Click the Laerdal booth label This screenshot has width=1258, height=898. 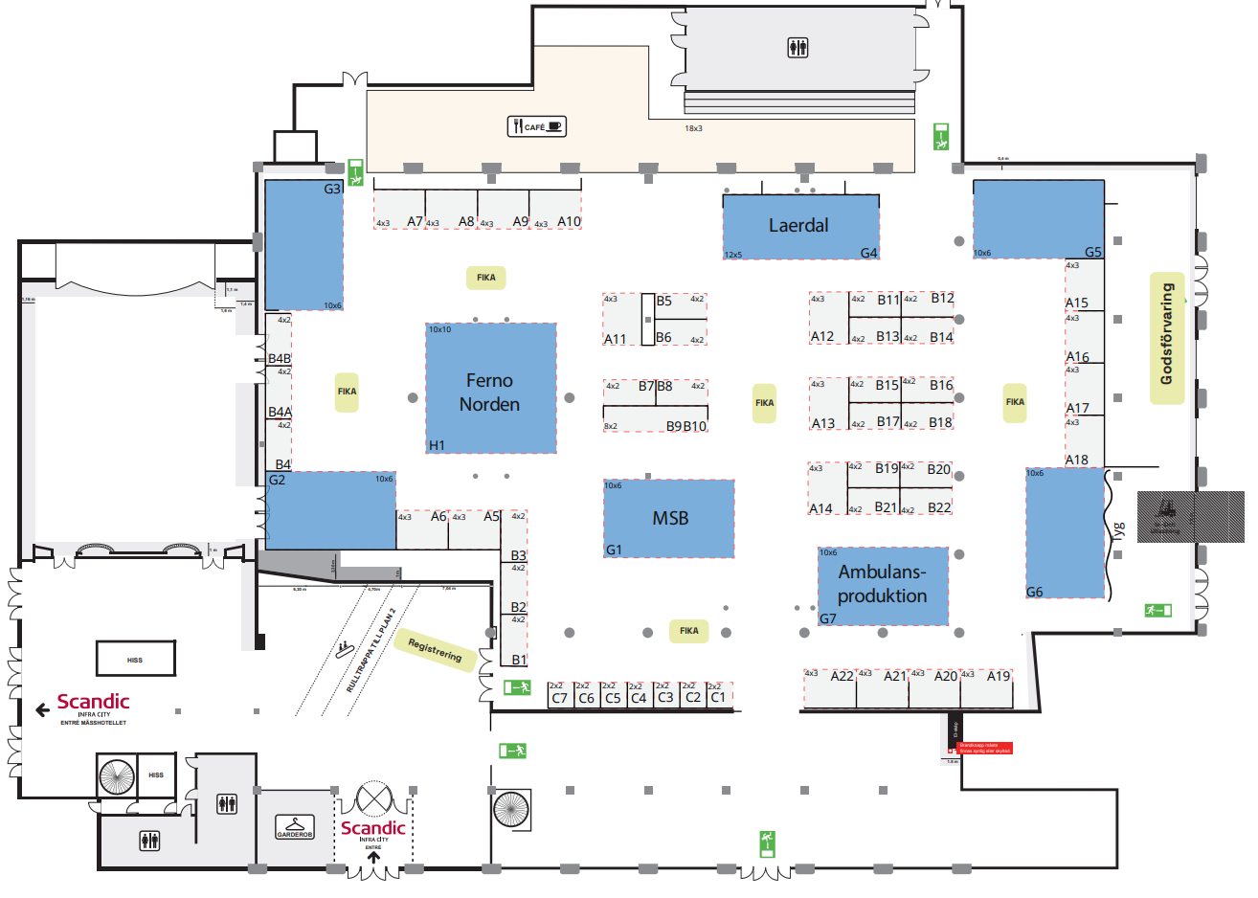click(x=798, y=226)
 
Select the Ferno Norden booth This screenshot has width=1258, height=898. click(x=489, y=393)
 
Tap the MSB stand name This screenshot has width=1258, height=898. click(x=670, y=518)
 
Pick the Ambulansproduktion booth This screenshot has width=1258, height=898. click(x=882, y=584)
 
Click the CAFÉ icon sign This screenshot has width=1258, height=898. click(x=536, y=126)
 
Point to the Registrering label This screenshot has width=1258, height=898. click(x=435, y=650)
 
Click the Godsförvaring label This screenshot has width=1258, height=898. click(x=1166, y=334)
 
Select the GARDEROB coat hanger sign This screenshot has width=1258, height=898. click(x=295, y=827)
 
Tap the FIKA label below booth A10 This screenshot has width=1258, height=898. click(x=486, y=278)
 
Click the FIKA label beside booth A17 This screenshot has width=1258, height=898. click(x=1015, y=402)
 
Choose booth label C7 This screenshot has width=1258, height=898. click(x=560, y=698)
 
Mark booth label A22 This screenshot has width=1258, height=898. click(x=842, y=676)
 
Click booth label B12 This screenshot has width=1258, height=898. click(x=942, y=299)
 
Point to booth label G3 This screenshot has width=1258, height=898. click(x=332, y=189)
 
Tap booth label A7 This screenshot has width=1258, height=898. click(x=415, y=221)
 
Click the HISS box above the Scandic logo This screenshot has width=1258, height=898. click(x=135, y=659)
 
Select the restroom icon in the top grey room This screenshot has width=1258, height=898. click(x=798, y=48)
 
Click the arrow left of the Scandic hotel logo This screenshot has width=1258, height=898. click(x=42, y=709)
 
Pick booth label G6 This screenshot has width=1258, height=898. click(x=1034, y=592)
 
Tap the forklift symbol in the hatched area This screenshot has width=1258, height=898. click(x=1165, y=509)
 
